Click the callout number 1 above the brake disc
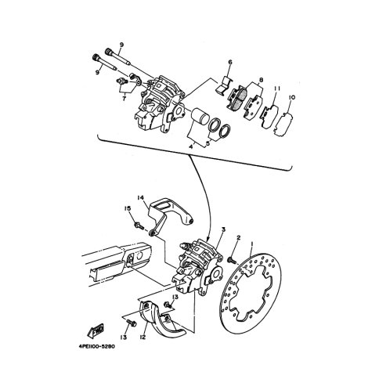coord(252,244)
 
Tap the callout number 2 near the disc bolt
coord(238,237)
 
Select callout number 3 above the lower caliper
coord(223,229)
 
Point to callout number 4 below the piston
coord(191,147)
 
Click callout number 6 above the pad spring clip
coord(230,62)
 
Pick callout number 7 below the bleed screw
coord(125,99)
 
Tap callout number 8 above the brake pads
coord(261,80)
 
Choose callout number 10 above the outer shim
coord(292,97)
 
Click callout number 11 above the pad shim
coord(277,88)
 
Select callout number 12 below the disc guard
coord(143,337)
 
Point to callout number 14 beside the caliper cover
coord(140,198)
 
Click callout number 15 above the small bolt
coord(128,209)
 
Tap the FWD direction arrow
coord(96,330)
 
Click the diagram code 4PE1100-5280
coord(97,347)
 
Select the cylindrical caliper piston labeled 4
coord(199,117)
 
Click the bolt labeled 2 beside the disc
coord(232,260)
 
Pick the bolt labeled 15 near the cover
coord(139,226)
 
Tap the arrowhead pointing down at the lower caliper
coord(208,239)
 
